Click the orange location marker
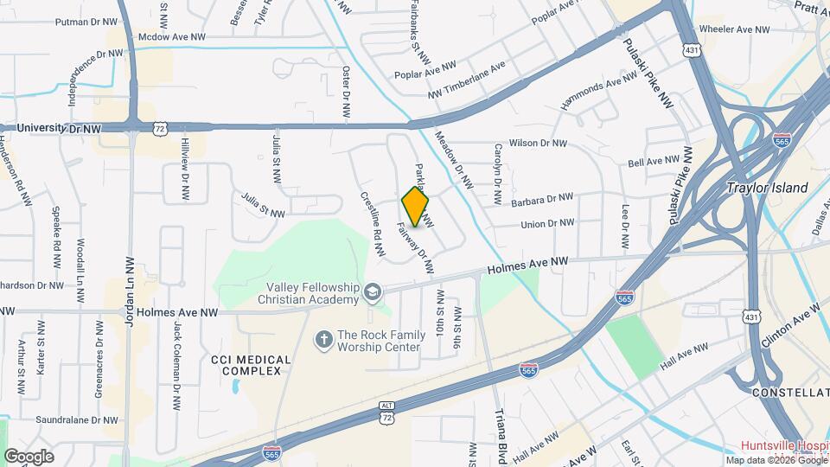(x=416, y=207)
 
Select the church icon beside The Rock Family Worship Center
(x=323, y=338)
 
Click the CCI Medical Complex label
(x=246, y=364)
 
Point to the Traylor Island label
(x=767, y=188)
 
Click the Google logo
(x=29, y=456)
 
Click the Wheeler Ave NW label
(x=734, y=29)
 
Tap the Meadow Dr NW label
(x=454, y=159)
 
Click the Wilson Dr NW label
(x=538, y=143)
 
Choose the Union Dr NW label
(x=547, y=223)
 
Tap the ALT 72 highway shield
(x=387, y=413)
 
